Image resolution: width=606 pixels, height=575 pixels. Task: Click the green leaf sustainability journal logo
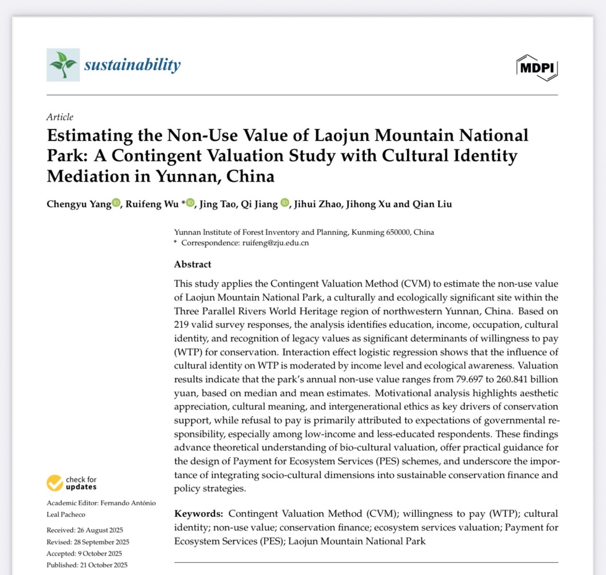[63, 65]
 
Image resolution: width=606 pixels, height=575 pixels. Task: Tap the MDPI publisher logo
[537, 68]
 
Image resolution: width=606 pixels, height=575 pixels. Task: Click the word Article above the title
[60, 117]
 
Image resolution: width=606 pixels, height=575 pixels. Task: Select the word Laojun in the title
[341, 136]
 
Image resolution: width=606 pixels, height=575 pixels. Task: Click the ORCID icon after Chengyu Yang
[116, 203]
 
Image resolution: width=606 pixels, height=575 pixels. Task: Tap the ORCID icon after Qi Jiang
[285, 203]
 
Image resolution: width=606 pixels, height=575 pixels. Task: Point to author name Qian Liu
[432, 204]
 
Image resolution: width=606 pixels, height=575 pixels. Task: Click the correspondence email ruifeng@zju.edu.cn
[276, 243]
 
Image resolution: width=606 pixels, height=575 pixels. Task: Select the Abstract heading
[192, 265]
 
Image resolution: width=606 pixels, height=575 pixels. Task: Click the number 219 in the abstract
[181, 325]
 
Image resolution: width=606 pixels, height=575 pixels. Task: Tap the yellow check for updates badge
[55, 483]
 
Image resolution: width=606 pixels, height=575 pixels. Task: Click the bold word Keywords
[198, 514]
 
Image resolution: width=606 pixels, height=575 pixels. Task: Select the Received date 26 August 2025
[100, 530]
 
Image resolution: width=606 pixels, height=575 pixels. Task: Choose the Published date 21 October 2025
[104, 565]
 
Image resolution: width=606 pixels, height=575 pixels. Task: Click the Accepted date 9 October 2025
[100, 554]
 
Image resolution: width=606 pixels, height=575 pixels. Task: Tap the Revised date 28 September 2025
[101, 542]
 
